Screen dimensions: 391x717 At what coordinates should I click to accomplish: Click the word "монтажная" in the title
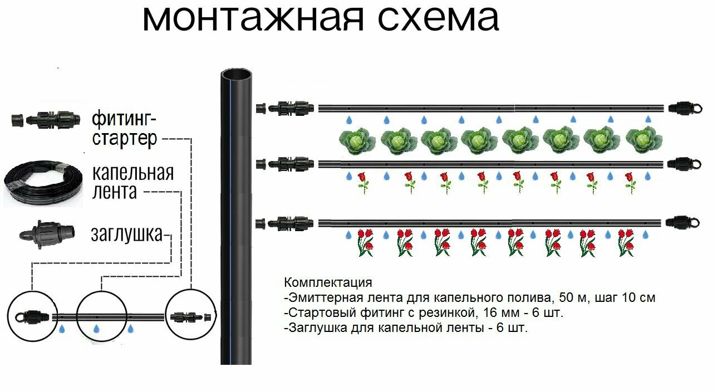pos(253,19)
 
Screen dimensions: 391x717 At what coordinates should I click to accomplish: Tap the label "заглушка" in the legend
pos(126,234)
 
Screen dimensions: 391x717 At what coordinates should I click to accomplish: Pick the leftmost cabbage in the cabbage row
pos(357,140)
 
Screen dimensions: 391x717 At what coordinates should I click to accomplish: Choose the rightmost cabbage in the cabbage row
pos(644,140)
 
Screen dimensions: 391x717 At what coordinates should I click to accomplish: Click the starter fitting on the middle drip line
pos(288,163)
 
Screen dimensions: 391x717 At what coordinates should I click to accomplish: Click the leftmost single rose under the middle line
pos(363,182)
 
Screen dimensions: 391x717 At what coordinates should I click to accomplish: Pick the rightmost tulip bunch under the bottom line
pos(626,242)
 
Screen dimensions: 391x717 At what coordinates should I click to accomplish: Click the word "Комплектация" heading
pos(327,282)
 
